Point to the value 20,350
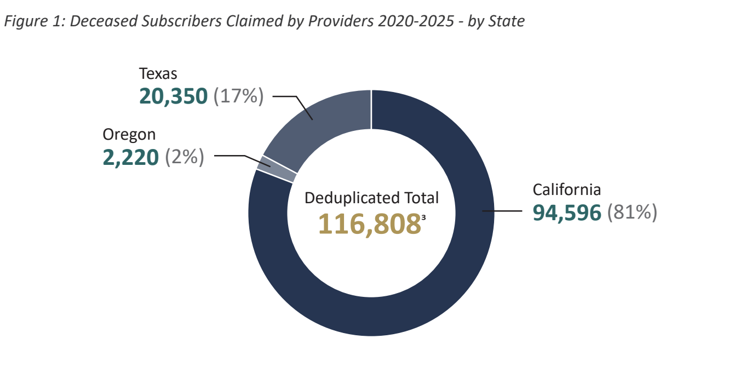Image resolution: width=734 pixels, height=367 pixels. (173, 96)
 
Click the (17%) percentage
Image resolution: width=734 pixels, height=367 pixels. (238, 96)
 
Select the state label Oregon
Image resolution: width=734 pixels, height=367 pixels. (129, 134)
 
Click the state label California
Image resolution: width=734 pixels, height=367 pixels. (567, 190)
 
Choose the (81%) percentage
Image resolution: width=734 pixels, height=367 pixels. (632, 213)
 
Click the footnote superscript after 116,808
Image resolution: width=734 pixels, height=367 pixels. (423, 217)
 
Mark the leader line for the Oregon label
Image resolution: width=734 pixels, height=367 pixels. (236, 156)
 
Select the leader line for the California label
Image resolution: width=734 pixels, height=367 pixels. (501, 210)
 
